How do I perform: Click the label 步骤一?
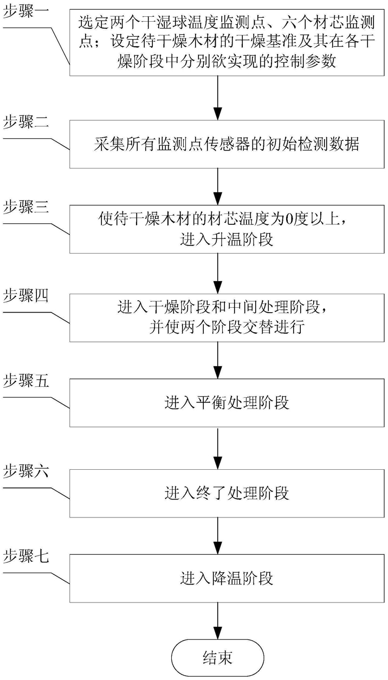point(26,12)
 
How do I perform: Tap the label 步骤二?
point(26,122)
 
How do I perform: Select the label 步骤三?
point(26,208)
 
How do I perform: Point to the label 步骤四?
point(26,296)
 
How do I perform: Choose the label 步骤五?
point(26,381)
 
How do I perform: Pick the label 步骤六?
point(26,472)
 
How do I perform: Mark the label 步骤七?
point(26,557)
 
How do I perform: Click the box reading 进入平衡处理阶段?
point(227,403)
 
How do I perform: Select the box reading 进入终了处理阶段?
point(227,493)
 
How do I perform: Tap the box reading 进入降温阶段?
point(227,579)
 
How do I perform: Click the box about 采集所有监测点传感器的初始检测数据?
point(227,144)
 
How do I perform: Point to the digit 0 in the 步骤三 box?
point(288,219)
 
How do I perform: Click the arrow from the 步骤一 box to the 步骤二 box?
point(218,98)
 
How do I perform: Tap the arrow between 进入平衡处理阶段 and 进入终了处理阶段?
point(218,449)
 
